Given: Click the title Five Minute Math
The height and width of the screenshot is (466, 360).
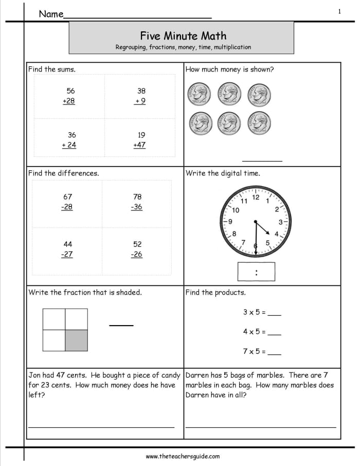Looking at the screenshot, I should coord(183,35).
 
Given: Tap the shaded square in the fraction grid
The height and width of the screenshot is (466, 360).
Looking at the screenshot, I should coord(76,340).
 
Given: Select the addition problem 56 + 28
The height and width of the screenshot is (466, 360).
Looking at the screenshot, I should coord(69,96).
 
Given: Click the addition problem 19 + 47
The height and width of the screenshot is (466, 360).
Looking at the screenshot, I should coord(140,140).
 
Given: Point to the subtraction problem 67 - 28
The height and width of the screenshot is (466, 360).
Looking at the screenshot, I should coord(67,202).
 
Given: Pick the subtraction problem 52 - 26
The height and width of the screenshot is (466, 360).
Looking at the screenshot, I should coord(136,249).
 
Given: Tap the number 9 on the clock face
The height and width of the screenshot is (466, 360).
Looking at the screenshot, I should coord(230,222).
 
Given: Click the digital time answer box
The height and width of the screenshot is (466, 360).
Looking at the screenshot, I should coord(256,272).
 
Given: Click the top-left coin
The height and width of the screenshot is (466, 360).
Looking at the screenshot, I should coord(199,94).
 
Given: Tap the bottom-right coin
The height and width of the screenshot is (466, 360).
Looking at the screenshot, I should coord(259,122).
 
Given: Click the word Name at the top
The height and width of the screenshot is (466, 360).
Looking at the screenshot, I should coord(51,14).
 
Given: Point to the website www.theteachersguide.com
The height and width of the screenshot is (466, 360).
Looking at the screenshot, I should coord(183,456).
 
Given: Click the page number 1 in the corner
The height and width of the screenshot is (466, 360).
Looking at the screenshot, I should coord(339,11).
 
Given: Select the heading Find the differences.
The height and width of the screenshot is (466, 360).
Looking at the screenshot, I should coord(64,173).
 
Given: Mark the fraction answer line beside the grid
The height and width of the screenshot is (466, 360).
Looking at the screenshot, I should coord(121,325).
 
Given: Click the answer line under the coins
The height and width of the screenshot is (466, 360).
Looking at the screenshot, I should coord(262,161).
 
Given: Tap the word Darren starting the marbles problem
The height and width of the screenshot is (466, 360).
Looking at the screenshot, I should coord(197,375).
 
